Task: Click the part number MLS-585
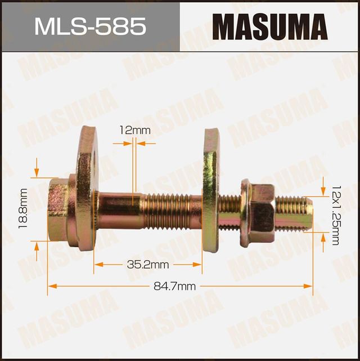pyautogui.click(x=90, y=26)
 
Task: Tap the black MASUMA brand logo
pyautogui.click(x=269, y=26)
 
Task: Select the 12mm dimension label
pyautogui.click(x=135, y=130)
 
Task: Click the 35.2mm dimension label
pyautogui.click(x=147, y=264)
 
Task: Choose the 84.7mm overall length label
pyautogui.click(x=179, y=286)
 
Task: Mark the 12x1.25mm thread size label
pyautogui.click(x=335, y=214)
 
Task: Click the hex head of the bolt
pyautogui.click(x=57, y=210)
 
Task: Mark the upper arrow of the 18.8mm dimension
pyautogui.click(x=37, y=171)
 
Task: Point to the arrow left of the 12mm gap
pyautogui.click(x=128, y=144)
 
